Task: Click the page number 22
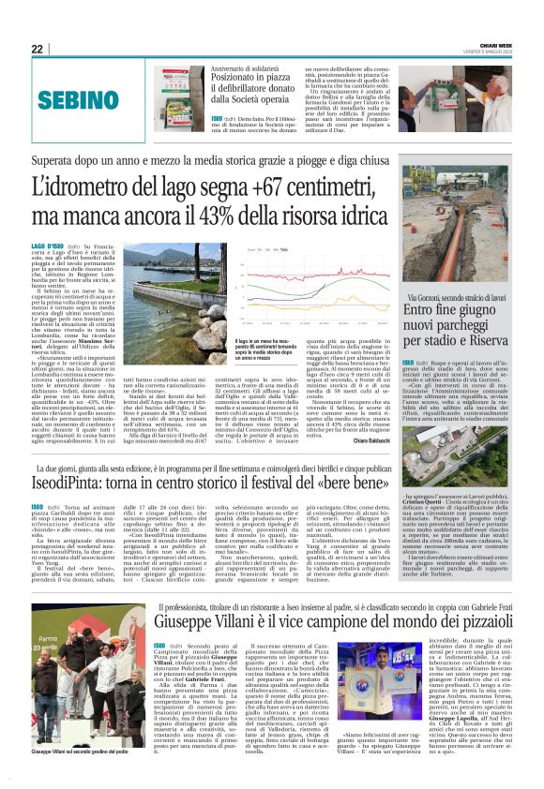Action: coord(38,49)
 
